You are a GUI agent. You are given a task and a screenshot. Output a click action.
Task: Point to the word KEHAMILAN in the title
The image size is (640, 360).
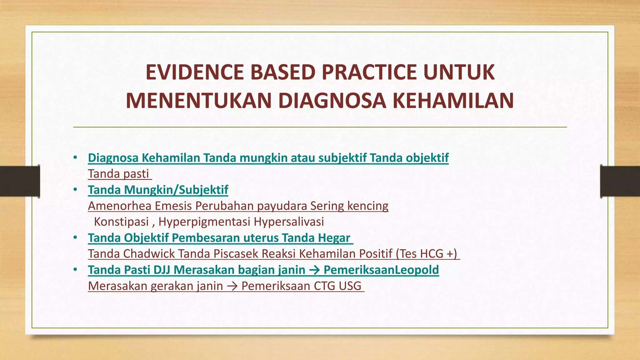[453, 101]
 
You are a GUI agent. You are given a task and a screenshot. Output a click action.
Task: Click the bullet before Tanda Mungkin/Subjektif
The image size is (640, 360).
[75, 190]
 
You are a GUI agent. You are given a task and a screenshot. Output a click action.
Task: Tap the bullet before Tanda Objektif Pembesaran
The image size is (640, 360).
[75, 238]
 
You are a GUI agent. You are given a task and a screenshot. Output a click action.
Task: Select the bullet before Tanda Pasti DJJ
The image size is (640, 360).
[75, 270]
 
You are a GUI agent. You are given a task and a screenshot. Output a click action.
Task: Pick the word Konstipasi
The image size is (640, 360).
[121, 222]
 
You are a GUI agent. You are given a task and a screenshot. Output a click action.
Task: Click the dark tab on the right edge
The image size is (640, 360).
[620, 181]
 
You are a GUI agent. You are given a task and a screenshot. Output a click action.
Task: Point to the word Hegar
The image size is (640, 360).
[334, 238]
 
